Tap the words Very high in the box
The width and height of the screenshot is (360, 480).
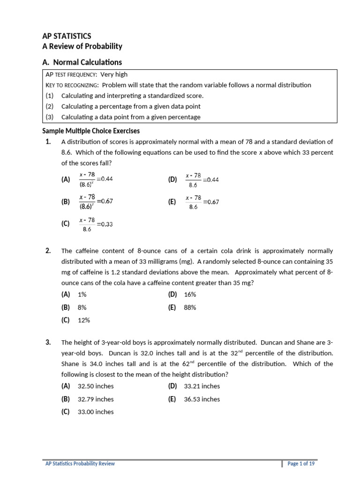coord(114,74)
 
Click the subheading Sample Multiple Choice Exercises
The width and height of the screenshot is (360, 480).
coord(91,131)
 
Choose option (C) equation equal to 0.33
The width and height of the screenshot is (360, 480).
coord(96,224)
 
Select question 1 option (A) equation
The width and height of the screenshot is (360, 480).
coord(96,179)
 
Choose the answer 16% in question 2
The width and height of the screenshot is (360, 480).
coord(190,294)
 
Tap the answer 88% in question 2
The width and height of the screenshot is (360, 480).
coord(190,307)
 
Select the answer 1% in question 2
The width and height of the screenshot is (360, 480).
coord(82,294)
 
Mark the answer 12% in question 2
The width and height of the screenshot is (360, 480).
coord(83,321)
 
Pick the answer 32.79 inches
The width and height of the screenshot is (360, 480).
coord(96,399)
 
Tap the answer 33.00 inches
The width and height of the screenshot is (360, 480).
coord(96,412)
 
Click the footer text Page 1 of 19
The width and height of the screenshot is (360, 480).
coord(301,464)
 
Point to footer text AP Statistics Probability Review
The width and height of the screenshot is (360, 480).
coord(80,464)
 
